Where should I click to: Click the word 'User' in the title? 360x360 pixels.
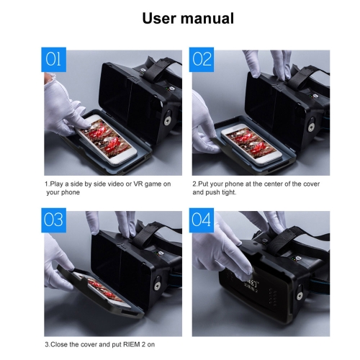pyautogui.click(x=159, y=18)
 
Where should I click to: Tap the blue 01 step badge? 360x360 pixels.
pyautogui.click(x=53, y=60)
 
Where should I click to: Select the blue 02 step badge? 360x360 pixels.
pyautogui.click(x=202, y=60)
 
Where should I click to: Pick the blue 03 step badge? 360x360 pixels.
pyautogui.click(x=53, y=220)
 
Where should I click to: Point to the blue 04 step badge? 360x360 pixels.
pyautogui.click(x=202, y=220)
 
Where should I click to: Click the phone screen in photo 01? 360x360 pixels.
pyautogui.click(x=107, y=138)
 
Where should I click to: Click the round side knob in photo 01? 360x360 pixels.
pyautogui.click(x=167, y=120)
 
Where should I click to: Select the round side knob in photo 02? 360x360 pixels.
pyautogui.click(x=311, y=127)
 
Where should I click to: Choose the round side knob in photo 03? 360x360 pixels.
pyautogui.click(x=158, y=285)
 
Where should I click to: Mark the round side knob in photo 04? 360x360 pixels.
pyautogui.click(x=300, y=295)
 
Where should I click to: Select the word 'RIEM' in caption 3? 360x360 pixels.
pyautogui.click(x=132, y=344)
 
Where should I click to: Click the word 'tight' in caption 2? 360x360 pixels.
pyautogui.click(x=229, y=192)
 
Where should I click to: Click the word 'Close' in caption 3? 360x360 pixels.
pyautogui.click(x=59, y=344)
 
